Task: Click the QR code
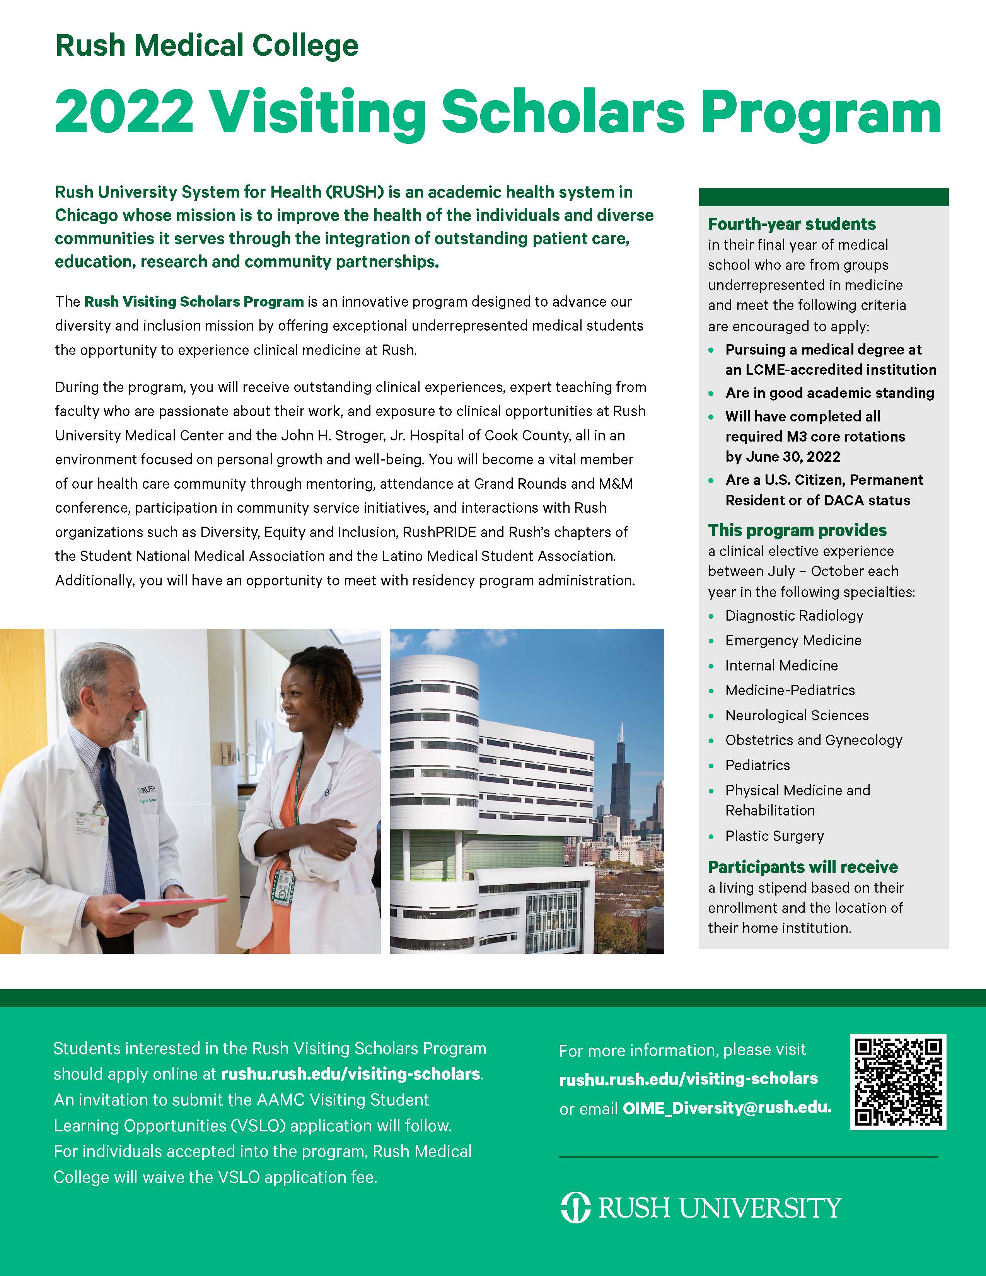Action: click(898, 1082)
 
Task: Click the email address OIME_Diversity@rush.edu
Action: click(727, 1108)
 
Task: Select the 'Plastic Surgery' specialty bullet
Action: click(774, 836)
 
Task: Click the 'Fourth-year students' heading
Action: click(792, 224)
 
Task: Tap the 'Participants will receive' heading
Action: click(803, 867)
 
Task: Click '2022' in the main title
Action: click(124, 112)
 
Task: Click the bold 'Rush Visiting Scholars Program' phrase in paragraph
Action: click(193, 302)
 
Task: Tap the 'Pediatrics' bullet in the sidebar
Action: click(757, 765)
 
